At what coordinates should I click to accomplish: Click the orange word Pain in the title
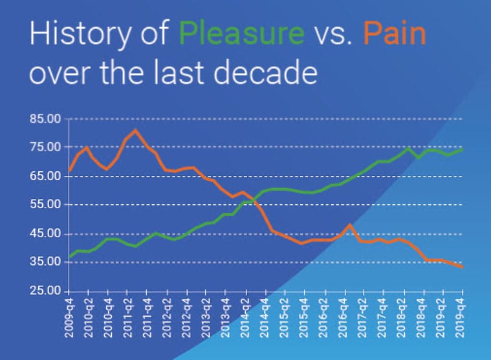point(395,32)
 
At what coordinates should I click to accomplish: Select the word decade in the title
point(265,73)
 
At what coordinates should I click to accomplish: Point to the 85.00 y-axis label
point(45,119)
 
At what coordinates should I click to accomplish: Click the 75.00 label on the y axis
point(45,147)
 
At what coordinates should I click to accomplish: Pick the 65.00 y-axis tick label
point(45,176)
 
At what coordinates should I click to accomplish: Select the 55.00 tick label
point(45,204)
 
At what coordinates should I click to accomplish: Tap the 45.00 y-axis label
point(45,233)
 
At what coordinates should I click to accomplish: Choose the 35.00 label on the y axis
point(45,262)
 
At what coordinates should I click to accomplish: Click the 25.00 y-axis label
point(45,291)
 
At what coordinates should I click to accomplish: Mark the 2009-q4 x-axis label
point(69,318)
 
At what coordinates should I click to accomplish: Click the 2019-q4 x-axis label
point(461,318)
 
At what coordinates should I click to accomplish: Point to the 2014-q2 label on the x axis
point(246,318)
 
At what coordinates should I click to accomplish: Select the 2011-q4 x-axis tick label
point(147,318)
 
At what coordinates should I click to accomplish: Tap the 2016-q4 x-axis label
point(343,318)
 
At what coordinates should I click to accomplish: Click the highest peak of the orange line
point(135,130)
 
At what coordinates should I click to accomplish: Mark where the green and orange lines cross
point(254,202)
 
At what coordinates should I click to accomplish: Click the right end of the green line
point(462,149)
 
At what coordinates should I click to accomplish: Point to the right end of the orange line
point(462,267)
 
